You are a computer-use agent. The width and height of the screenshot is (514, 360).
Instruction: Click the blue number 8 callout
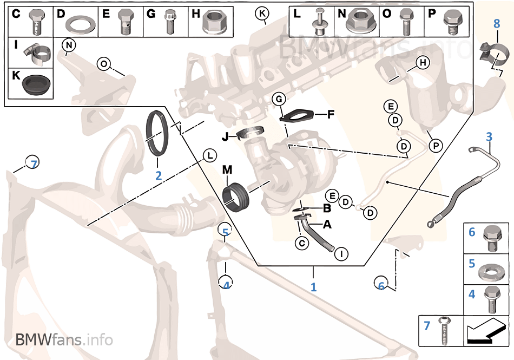pyautogui.click(x=497, y=23)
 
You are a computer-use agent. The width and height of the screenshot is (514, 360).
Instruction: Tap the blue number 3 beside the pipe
pyautogui.click(x=489, y=136)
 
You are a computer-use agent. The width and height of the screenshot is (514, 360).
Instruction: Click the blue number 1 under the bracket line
pyautogui.click(x=313, y=287)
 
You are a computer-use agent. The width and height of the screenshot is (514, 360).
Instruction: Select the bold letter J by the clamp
pyautogui.click(x=226, y=137)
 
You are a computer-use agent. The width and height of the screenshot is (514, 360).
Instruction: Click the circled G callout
pyautogui.click(x=278, y=99)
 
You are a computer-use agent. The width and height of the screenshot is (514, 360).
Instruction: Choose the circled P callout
pyautogui.click(x=436, y=145)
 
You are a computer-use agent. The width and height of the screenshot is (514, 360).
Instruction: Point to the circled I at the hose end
pyautogui.click(x=341, y=252)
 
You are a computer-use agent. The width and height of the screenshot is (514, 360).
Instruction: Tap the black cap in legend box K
pyautogui.click(x=36, y=84)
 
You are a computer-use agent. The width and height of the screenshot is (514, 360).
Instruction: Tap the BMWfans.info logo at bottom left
pyautogui.click(x=64, y=340)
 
